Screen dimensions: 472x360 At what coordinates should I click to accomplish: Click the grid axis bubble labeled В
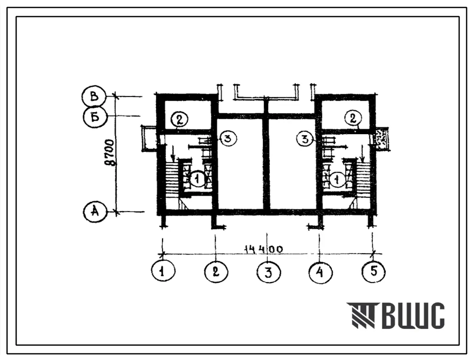[94, 97]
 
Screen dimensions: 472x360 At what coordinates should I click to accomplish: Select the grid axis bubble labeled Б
[95, 116]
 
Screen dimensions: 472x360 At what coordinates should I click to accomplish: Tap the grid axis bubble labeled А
[95, 212]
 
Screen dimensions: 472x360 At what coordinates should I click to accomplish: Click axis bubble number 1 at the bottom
[163, 271]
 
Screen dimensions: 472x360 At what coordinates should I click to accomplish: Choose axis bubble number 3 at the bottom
[269, 272]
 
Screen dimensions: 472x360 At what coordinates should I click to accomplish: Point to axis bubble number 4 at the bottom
[320, 272]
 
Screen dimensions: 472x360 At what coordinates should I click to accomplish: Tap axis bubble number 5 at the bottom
[373, 272]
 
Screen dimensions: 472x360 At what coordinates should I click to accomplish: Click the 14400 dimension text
[264, 249]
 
